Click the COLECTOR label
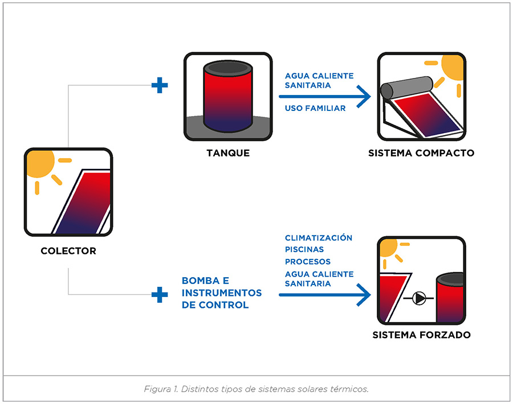[x=68, y=250]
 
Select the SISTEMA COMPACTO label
[x=421, y=153]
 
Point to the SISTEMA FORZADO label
[x=422, y=335]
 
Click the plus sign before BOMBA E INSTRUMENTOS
[x=160, y=294]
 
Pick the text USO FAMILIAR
[x=315, y=108]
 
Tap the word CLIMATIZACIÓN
[x=319, y=238]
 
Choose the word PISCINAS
[x=304, y=249]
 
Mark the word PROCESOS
[x=308, y=262]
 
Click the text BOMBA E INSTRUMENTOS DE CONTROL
[x=222, y=292]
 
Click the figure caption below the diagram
[x=256, y=390]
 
